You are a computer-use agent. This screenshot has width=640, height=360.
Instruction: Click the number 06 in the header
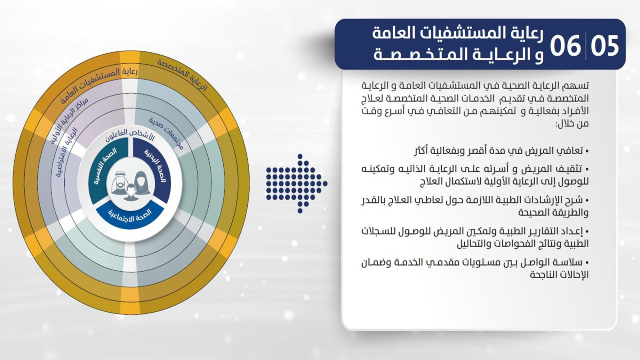pyautogui.click(x=565, y=46)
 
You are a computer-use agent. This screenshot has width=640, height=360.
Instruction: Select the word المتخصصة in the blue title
pyautogui.click(x=412, y=54)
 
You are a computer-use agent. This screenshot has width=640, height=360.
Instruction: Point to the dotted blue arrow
pyautogui.click(x=296, y=184)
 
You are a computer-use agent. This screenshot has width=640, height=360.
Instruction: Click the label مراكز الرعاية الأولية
pyautogui.click(x=69, y=120)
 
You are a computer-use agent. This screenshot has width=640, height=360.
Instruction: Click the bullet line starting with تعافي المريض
pyautogui.click(x=501, y=150)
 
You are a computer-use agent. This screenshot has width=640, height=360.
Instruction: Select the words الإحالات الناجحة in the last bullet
pyautogui.click(x=559, y=275)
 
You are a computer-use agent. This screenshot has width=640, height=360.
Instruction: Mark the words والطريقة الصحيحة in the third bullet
pyautogui.click(x=553, y=212)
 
